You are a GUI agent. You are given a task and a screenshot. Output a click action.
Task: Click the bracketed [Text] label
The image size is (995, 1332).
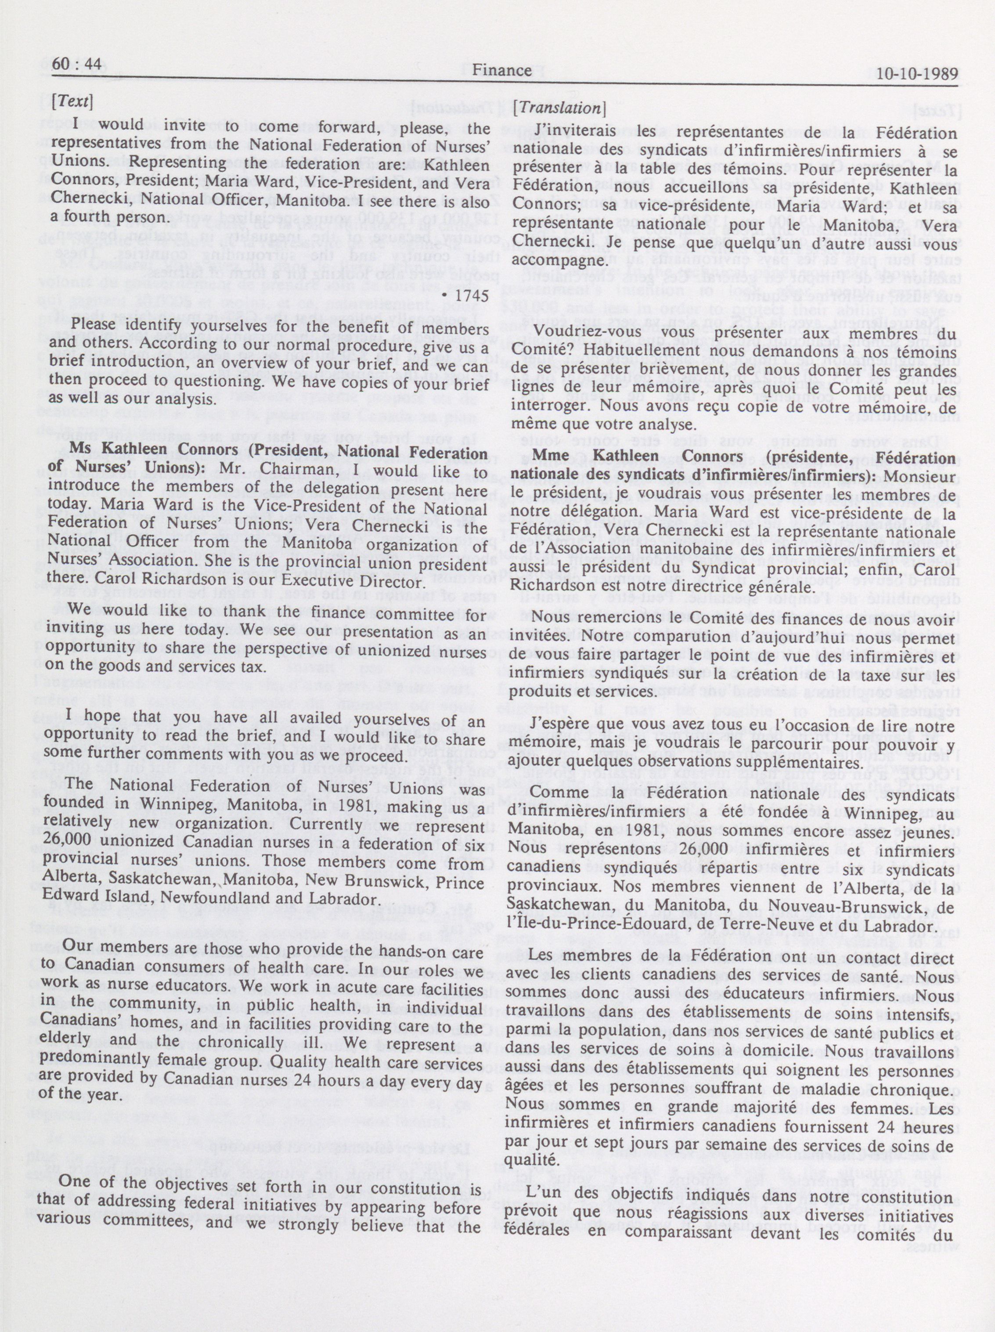tap(72, 102)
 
